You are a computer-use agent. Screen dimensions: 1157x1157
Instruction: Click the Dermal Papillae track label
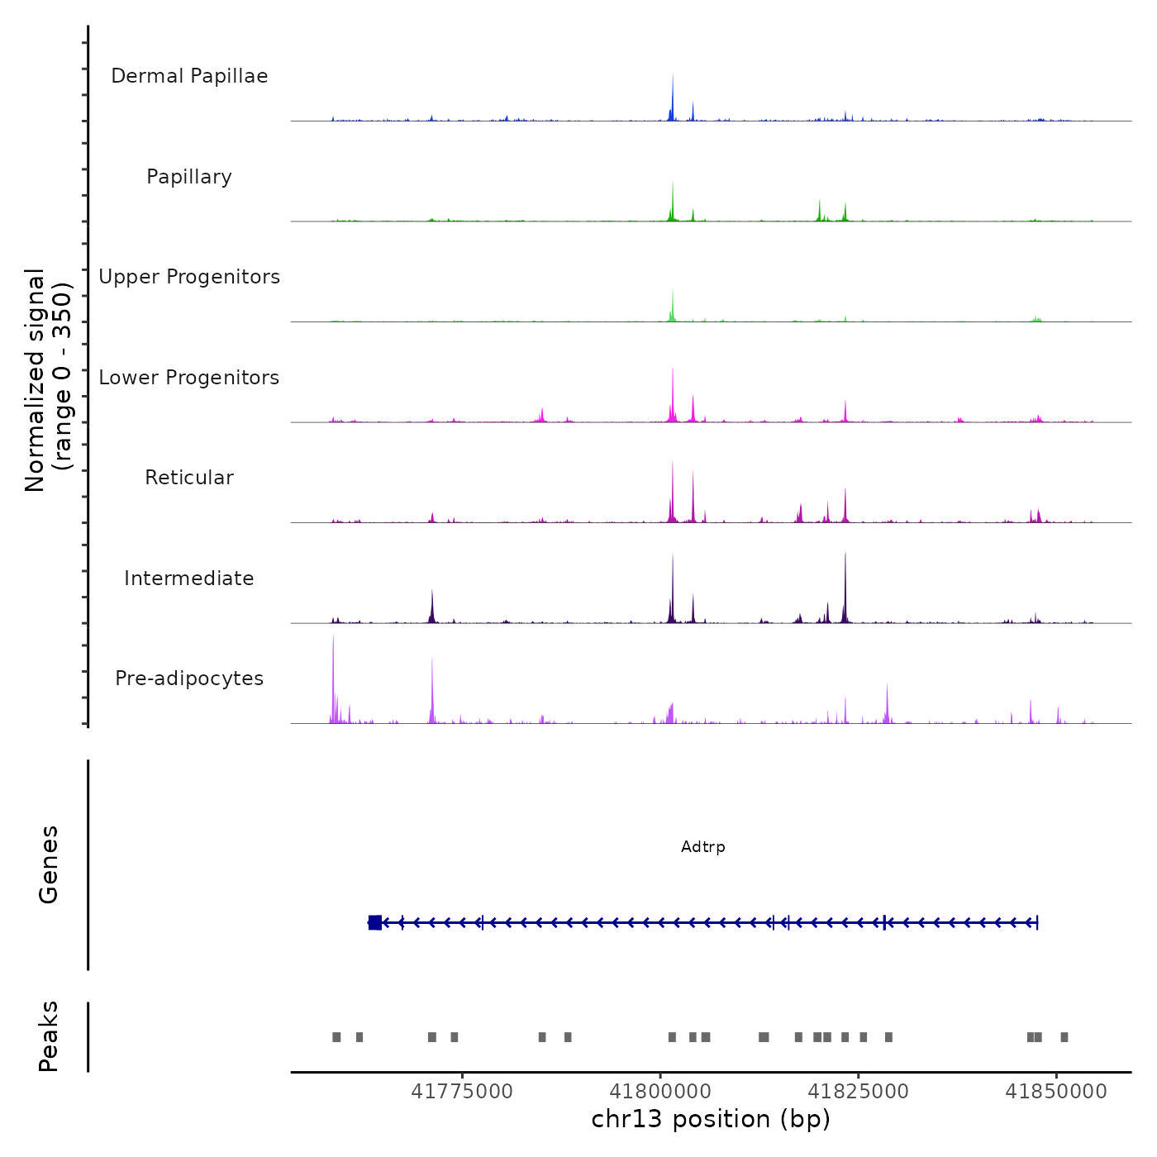(x=189, y=76)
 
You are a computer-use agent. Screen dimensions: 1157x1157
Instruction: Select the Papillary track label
(x=189, y=177)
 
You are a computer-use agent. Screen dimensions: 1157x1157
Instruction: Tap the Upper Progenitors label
(x=189, y=277)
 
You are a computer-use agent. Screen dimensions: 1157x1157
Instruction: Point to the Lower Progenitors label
(x=189, y=378)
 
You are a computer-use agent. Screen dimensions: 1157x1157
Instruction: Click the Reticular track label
(x=189, y=478)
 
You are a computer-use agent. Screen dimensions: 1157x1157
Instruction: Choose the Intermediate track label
(x=189, y=578)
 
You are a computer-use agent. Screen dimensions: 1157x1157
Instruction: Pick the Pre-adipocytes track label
(x=189, y=678)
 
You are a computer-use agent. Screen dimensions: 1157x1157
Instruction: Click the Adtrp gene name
(x=703, y=847)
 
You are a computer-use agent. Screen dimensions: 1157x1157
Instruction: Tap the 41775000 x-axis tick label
(x=462, y=1092)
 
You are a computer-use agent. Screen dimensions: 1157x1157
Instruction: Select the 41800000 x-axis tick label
(x=660, y=1092)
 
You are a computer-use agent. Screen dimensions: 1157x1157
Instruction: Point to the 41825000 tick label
(x=858, y=1092)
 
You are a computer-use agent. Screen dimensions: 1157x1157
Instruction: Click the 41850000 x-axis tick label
(x=1056, y=1092)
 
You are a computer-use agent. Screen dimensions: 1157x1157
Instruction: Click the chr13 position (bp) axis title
(x=711, y=1119)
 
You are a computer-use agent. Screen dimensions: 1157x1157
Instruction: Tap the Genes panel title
(x=49, y=864)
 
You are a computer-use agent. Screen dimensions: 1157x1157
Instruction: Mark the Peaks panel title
(x=49, y=1036)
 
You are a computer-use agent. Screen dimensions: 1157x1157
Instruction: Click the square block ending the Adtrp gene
(x=375, y=922)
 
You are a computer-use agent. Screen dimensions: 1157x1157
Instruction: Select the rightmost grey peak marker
(x=1064, y=1037)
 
